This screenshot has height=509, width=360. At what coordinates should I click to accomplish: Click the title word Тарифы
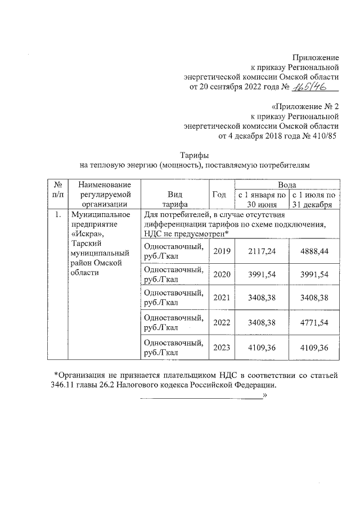194,155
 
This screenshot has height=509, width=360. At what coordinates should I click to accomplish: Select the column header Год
219,195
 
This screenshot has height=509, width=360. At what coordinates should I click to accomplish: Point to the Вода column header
287,184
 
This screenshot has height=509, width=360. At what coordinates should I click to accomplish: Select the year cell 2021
222,298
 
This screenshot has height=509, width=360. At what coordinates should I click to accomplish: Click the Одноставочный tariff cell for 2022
174,323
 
